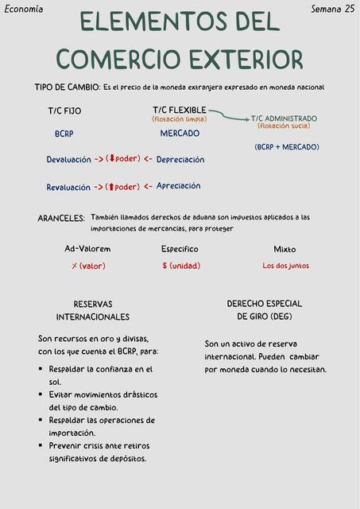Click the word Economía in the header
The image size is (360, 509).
point(24,9)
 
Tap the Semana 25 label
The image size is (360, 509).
point(332,9)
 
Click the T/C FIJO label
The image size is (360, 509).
point(64,111)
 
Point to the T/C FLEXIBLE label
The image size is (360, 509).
point(180,110)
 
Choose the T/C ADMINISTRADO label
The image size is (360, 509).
point(284,118)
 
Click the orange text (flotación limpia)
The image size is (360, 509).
point(179,119)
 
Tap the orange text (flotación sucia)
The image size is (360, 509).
point(284,126)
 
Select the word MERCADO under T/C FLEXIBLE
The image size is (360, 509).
point(180,134)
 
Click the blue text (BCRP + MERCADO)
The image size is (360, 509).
point(287,147)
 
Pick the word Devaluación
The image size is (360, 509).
point(68,160)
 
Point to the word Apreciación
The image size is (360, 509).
point(178,186)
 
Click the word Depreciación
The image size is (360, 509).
point(180,160)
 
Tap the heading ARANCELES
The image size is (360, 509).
point(61,218)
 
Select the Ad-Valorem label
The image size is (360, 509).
point(87,249)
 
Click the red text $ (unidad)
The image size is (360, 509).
point(181,266)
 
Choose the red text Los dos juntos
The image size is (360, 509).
point(285,266)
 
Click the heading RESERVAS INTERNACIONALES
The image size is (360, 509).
point(93,310)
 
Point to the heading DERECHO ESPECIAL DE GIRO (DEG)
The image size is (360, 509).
point(265,310)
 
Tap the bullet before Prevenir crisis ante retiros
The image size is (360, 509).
point(41,445)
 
